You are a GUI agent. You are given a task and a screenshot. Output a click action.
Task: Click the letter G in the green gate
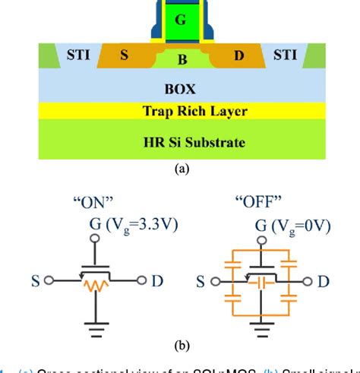tap(179, 21)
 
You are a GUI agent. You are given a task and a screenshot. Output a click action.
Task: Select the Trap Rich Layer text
tap(180, 112)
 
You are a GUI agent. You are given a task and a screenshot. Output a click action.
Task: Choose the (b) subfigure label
tap(180, 346)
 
